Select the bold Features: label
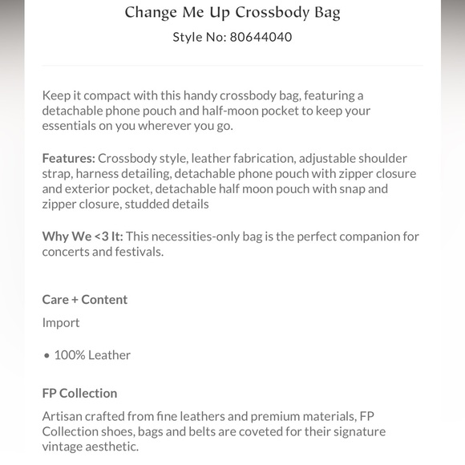coord(68,158)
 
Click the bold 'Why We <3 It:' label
coord(83,237)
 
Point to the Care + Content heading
coord(85,299)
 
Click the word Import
coord(61,322)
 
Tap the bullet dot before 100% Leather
coord(46,355)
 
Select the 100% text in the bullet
coord(70,354)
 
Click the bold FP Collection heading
coord(79,393)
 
